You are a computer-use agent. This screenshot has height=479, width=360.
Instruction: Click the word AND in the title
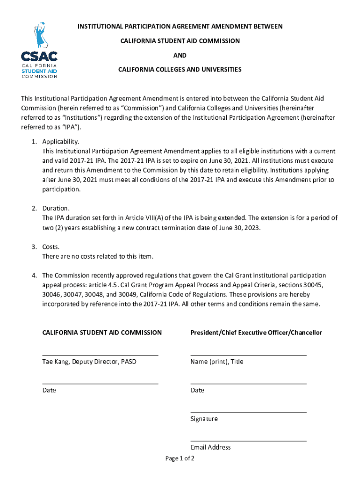coord(180,55)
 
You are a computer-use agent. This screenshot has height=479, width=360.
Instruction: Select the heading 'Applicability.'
coord(61,141)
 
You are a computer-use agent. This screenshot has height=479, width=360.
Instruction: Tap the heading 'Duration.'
coord(57,208)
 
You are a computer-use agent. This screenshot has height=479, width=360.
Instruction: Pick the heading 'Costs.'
coord(51,247)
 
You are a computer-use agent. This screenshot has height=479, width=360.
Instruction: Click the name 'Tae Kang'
coord(55,362)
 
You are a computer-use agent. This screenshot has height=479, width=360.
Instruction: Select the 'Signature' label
coord(204,419)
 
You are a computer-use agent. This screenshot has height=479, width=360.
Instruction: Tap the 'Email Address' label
coord(210,447)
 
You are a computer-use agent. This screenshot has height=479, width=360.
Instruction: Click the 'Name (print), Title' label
coord(217,362)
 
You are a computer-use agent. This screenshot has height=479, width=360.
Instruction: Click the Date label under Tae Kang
coord(49,390)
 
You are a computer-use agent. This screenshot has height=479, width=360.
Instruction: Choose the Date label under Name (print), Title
coord(197,390)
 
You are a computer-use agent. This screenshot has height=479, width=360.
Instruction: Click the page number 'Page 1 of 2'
coord(180,458)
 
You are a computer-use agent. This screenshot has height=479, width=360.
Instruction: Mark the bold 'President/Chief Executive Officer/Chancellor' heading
coord(256,333)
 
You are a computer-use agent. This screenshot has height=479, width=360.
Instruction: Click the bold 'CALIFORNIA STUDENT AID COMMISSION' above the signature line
coord(102,333)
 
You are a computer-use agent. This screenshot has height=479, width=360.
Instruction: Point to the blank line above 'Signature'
coord(248,412)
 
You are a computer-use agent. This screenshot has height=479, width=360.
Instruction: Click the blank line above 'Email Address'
coord(248,441)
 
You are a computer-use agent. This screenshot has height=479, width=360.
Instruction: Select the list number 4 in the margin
coord(34,276)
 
